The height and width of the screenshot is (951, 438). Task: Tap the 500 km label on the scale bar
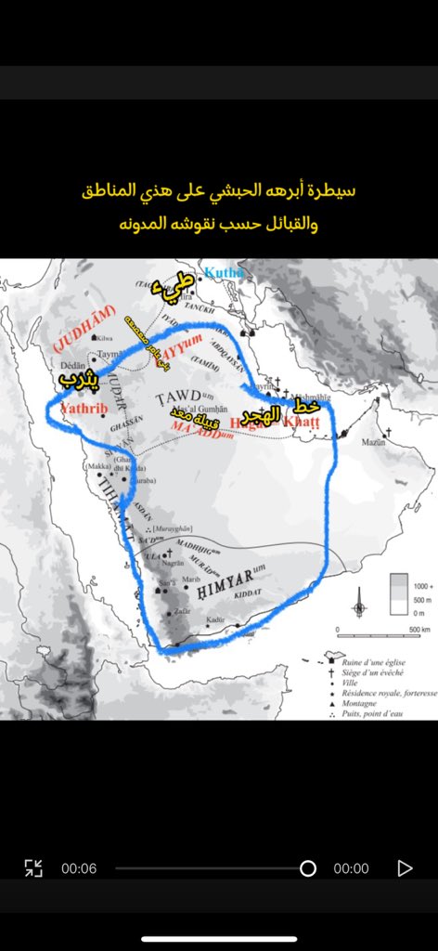(405, 630)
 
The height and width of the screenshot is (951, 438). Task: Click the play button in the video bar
(405, 868)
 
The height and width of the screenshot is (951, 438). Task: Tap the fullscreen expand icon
(33, 868)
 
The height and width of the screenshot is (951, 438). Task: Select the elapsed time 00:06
(79, 868)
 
